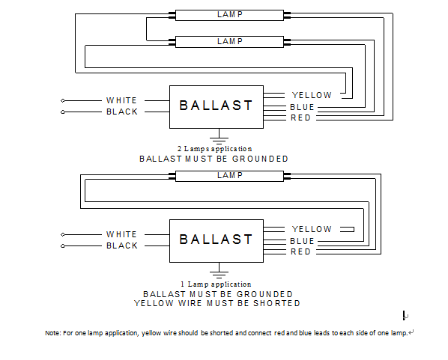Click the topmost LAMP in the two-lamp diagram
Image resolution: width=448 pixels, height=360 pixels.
pyautogui.click(x=229, y=15)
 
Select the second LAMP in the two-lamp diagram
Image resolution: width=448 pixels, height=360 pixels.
pyautogui.click(x=229, y=42)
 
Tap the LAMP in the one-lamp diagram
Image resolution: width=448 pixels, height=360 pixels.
pyautogui.click(x=229, y=176)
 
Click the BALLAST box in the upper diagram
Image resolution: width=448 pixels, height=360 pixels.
pyautogui.click(x=217, y=107)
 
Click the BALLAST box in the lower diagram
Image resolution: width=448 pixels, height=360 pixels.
pyautogui.click(x=217, y=241)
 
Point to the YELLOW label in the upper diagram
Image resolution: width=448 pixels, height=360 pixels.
pyautogui.click(x=312, y=95)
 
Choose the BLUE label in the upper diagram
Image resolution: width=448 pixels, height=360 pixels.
pyautogui.click(x=302, y=107)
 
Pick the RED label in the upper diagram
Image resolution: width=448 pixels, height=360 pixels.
pyautogui.click(x=300, y=118)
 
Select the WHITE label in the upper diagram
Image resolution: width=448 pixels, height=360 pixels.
pyautogui.click(x=121, y=100)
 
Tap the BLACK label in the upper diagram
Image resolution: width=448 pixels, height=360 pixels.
pyautogui.click(x=122, y=112)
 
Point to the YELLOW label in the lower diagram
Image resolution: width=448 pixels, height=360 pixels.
pyautogui.click(x=312, y=229)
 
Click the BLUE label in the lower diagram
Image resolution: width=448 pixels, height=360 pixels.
pyautogui.click(x=302, y=241)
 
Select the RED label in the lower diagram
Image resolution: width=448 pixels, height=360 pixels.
pyautogui.click(x=300, y=251)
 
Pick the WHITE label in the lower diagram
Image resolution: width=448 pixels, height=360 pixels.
pyautogui.click(x=121, y=234)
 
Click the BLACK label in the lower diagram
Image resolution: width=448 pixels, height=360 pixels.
pyautogui.click(x=122, y=245)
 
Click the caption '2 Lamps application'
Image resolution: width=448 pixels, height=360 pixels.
pyautogui.click(x=214, y=149)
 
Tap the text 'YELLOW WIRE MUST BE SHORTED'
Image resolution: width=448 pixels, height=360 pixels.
pyautogui.click(x=217, y=303)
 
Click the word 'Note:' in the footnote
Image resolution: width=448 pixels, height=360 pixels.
pyautogui.click(x=53, y=333)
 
